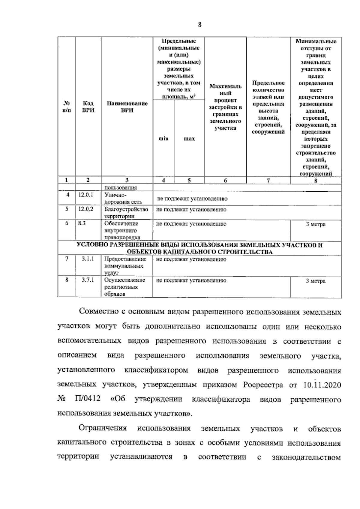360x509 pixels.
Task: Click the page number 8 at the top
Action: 199,25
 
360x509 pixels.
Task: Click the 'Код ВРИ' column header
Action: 88,106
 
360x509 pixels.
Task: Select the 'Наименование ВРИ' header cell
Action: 127,106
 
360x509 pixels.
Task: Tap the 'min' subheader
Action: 163,139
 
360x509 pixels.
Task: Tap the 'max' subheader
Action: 189,139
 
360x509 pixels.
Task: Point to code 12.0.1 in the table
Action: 86,195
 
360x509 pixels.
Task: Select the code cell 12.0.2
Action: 86,209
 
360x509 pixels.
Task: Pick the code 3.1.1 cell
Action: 88,259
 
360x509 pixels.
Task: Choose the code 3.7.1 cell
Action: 88,280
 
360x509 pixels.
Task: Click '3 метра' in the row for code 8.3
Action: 316,224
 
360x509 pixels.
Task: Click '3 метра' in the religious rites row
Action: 316,281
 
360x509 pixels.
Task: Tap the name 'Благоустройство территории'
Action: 126,212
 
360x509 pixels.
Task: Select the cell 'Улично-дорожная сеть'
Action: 123,198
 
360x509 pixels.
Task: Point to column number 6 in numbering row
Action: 225,180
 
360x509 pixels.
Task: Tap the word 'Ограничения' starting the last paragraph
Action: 102,428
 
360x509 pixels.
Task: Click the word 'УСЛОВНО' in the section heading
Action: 92,245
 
